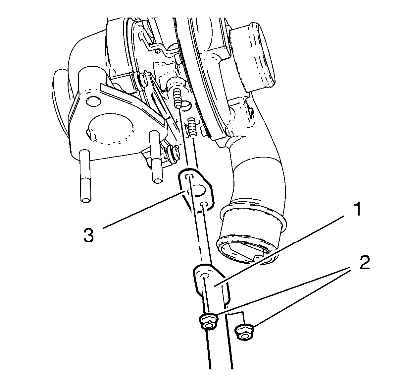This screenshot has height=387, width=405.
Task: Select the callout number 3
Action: [88, 235]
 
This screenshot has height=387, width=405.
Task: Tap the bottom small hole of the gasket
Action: [204, 204]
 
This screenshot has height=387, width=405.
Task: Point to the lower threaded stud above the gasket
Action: [192, 127]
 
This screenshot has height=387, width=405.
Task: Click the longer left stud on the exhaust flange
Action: [85, 176]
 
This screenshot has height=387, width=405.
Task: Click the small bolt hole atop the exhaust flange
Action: [94, 101]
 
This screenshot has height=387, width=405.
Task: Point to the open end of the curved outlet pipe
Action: [247, 251]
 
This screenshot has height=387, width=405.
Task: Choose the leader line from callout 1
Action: [279, 251]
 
